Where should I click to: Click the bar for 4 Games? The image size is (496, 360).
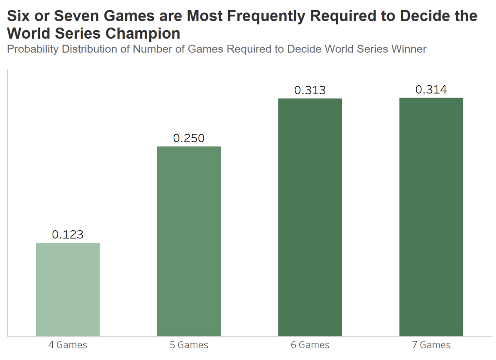68,289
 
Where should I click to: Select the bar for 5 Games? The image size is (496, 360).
189,241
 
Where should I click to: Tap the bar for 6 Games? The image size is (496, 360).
310,217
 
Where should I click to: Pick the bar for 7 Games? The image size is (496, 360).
431,217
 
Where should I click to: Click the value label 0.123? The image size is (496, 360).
68,235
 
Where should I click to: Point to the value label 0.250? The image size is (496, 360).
189,139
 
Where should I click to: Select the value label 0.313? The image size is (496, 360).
310,90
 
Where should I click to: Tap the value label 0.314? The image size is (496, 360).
431,90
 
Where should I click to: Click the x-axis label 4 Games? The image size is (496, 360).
68,345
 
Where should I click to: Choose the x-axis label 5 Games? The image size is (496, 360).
189,345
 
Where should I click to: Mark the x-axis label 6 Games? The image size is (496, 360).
310,345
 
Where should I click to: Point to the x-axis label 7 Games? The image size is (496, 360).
431,345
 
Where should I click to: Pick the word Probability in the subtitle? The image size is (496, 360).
33,49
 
